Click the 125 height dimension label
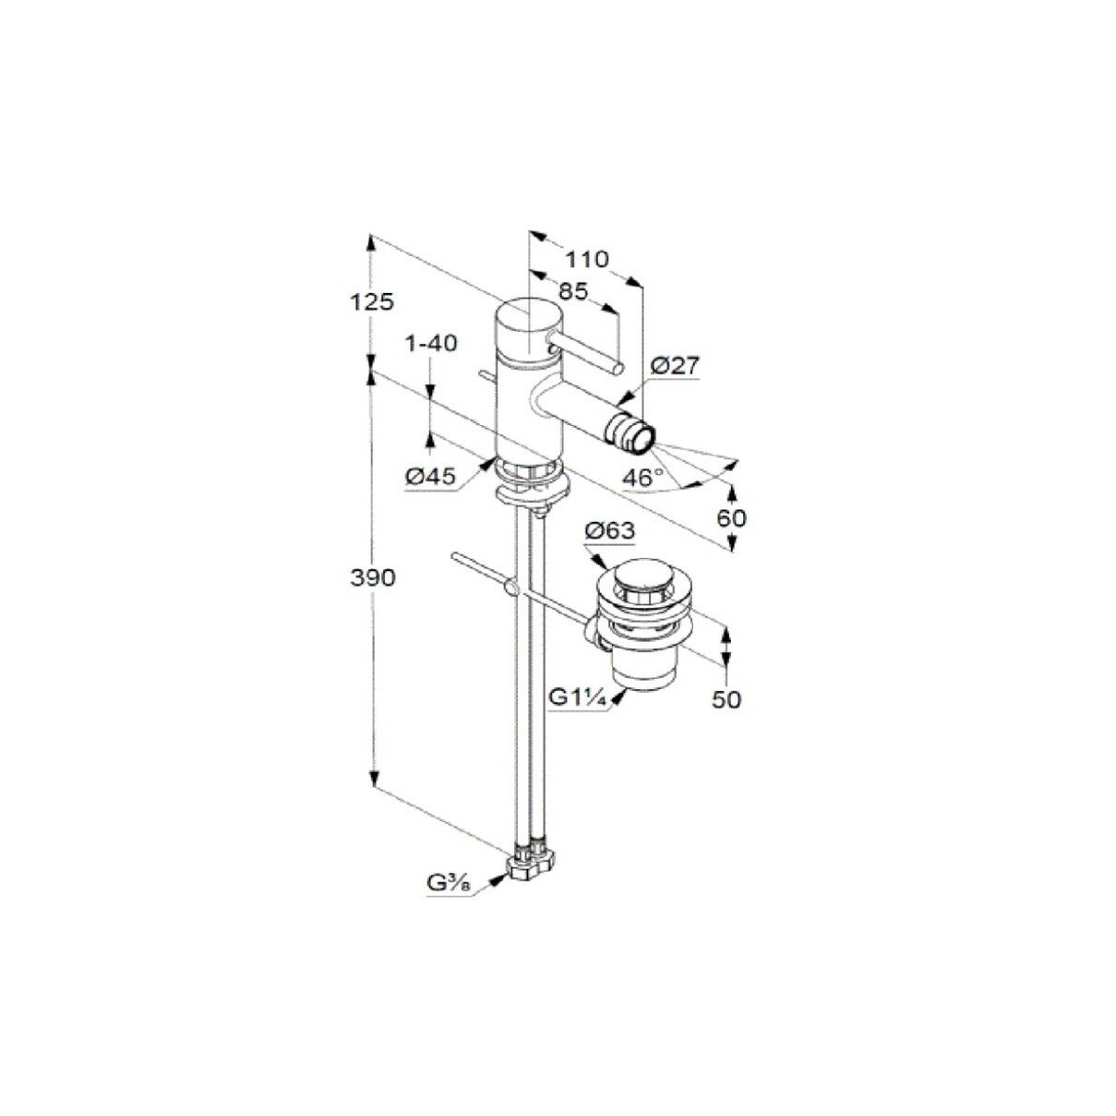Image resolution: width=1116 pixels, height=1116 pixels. click(372, 301)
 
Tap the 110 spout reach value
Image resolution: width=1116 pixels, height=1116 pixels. click(587, 259)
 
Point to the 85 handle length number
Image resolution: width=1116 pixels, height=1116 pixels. click(574, 291)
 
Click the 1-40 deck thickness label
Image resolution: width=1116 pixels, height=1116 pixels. click(432, 343)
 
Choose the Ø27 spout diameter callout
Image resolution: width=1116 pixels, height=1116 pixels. click(675, 366)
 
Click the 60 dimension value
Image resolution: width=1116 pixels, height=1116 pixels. click(732, 518)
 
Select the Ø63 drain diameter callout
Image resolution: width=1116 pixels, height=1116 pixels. click(610, 531)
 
